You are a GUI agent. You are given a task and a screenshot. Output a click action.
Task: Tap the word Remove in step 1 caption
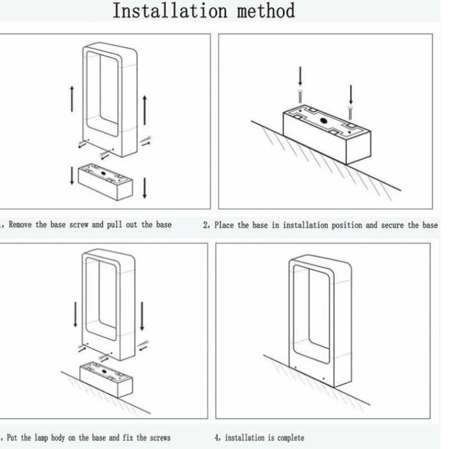pyautogui.click(x=21, y=224)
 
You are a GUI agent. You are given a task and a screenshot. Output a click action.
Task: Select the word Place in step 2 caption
pyautogui.click(x=224, y=225)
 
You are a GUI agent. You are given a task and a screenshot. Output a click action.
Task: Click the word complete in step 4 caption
pyautogui.click(x=287, y=437)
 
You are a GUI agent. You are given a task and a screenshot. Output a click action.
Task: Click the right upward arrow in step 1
pyautogui.click(x=144, y=109)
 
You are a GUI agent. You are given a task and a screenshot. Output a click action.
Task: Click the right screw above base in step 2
pyautogui.click(x=350, y=112)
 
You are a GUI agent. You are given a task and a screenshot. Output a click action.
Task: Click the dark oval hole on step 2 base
pyautogui.click(x=324, y=121)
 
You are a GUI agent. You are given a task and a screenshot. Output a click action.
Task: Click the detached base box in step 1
pyautogui.click(x=106, y=181)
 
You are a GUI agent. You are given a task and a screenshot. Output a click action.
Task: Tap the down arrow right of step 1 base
pyautogui.click(x=145, y=187)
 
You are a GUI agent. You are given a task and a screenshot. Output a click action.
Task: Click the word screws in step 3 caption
pyautogui.click(x=157, y=437)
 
